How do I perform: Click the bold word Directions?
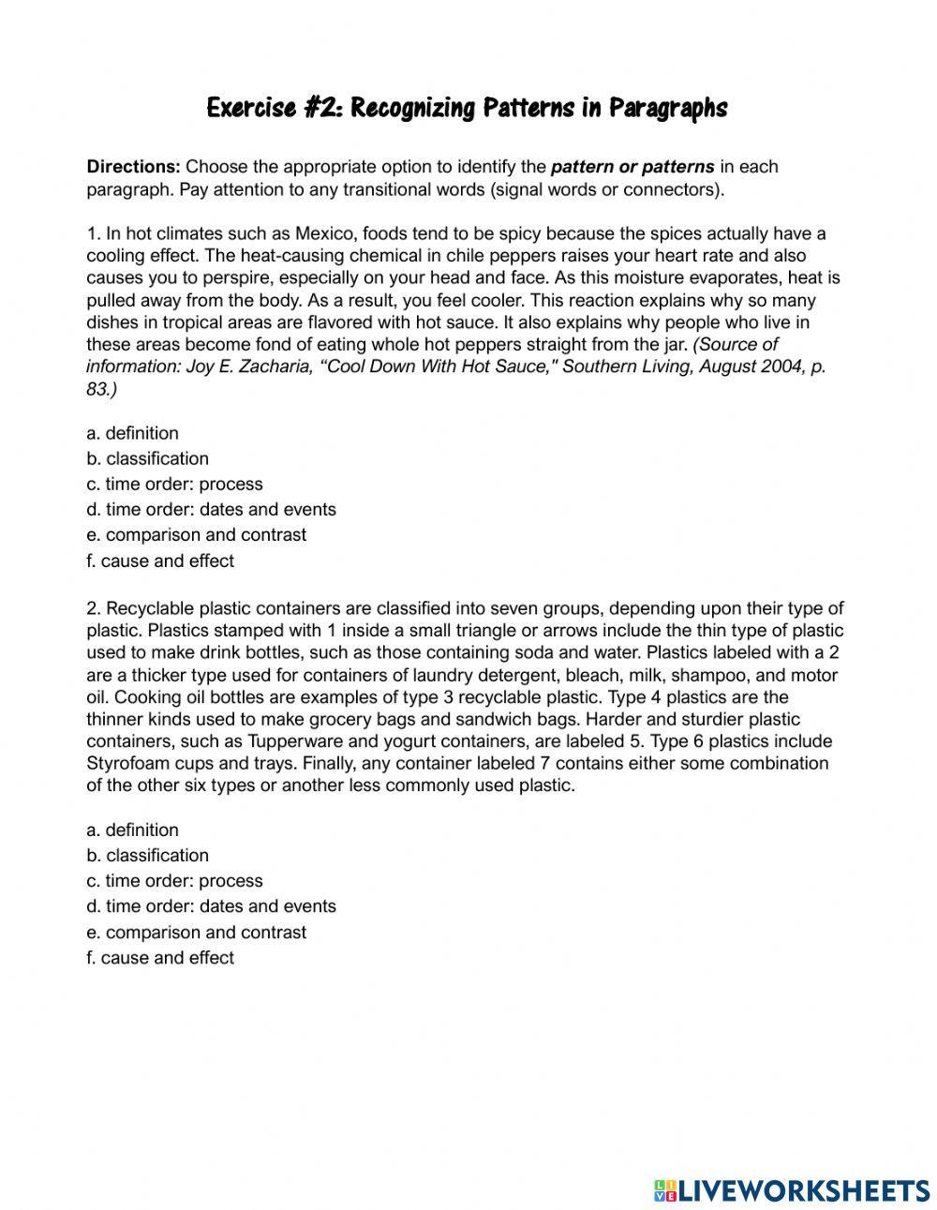pos(133,167)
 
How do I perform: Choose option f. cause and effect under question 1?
pos(160,560)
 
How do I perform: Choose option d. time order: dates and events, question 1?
pos(211,509)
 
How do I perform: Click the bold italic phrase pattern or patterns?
pos(632,167)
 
